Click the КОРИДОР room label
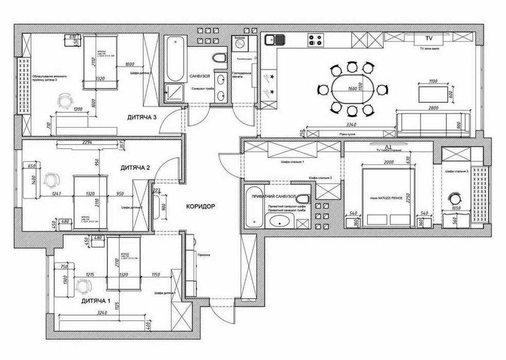[201, 206]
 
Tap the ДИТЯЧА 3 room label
[141, 117]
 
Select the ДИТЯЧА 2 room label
[135, 168]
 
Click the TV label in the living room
[428, 39]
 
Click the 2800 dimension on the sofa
[433, 109]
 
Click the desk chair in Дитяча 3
[65, 100]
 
